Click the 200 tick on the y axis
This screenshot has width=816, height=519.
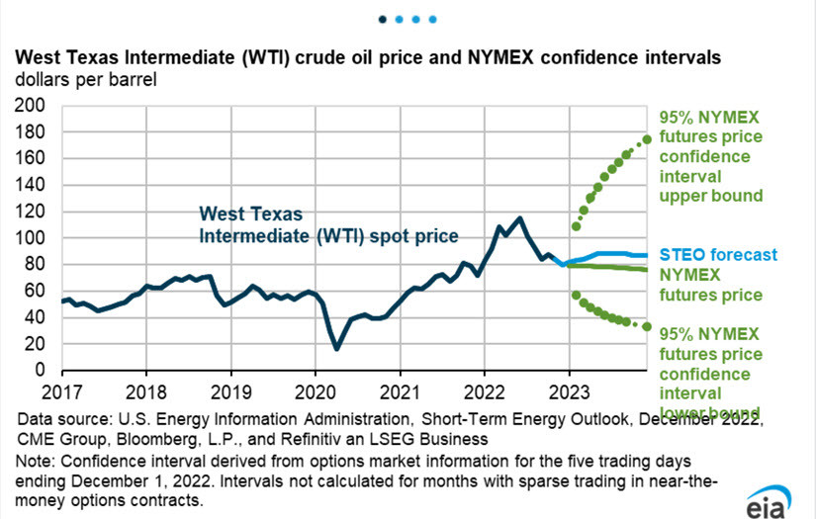tap(34, 105)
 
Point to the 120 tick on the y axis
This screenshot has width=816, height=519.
tap(34, 212)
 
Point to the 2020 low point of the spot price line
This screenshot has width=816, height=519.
tap(337, 349)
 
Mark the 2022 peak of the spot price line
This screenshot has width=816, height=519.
tap(520, 217)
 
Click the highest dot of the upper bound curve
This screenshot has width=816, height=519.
tap(648, 139)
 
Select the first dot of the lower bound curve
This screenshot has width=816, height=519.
tap(577, 295)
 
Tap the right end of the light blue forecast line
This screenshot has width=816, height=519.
tap(648, 256)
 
